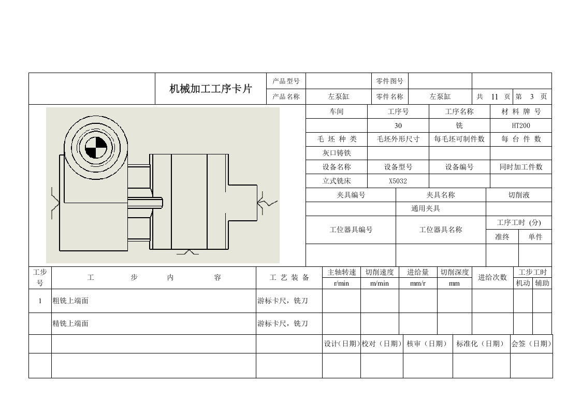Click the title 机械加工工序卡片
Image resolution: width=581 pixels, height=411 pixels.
click(210, 89)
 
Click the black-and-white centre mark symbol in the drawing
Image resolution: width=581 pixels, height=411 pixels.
click(96, 148)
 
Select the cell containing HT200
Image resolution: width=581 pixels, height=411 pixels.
click(520, 125)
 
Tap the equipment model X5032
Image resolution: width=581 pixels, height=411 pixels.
click(398, 181)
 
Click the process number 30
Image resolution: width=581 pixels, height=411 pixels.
click(398, 126)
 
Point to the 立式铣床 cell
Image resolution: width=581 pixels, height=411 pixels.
click(337, 181)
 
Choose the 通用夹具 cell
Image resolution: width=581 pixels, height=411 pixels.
click(441, 209)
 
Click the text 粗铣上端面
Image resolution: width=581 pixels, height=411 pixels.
click(70, 301)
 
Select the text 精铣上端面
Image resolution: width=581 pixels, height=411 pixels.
click(70, 323)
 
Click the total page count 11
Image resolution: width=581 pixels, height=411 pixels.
click(495, 97)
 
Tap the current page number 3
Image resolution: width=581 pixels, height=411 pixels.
click(532, 97)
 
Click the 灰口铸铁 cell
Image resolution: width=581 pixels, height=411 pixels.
click(337, 153)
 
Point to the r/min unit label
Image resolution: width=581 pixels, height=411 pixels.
click(341, 284)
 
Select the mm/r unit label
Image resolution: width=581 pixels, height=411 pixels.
click(418, 284)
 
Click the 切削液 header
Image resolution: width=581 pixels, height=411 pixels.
click(519, 195)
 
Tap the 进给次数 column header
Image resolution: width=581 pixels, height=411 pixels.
click(492, 277)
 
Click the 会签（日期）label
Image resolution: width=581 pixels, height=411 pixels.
click(531, 344)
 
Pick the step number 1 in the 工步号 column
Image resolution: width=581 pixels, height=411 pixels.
click(40, 301)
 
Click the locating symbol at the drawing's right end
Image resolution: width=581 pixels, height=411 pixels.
click(267, 203)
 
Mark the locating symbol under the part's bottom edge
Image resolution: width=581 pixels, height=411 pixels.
click(188, 252)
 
